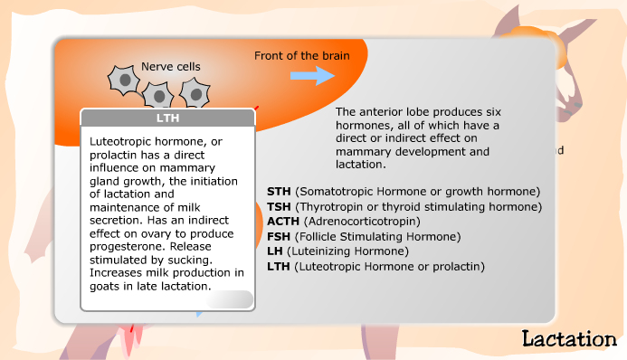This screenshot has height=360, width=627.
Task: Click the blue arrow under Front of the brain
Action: (312, 76)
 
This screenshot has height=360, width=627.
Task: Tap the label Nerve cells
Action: (170, 66)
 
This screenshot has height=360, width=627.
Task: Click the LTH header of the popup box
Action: (167, 118)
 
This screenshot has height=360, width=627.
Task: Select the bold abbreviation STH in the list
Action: (280, 192)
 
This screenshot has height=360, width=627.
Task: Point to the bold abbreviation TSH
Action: (280, 206)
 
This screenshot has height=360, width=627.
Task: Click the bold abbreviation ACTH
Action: (284, 221)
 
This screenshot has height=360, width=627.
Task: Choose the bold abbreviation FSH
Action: (280, 236)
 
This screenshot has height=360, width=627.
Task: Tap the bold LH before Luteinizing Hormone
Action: (275, 251)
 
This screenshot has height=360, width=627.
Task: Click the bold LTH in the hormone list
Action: (279, 266)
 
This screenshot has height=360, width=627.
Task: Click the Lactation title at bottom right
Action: (568, 339)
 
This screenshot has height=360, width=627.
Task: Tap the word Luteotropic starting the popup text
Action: (121, 141)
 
